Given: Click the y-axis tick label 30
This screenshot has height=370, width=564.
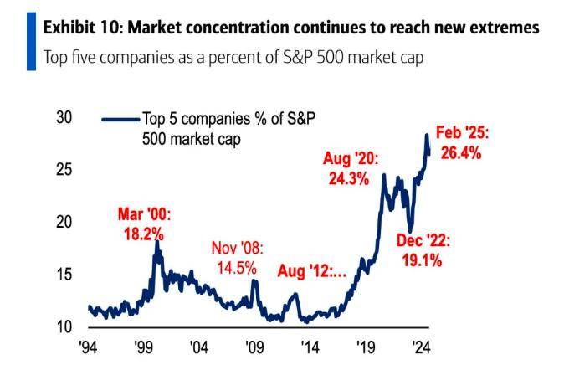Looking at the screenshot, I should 64,118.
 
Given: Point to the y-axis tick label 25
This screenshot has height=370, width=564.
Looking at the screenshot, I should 64,170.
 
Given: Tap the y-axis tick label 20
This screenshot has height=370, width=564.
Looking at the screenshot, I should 64,223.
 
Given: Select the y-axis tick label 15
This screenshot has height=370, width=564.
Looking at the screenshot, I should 64,275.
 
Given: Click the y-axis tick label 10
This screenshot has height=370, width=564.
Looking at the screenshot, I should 64,326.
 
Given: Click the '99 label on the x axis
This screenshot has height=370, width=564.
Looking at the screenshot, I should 143,347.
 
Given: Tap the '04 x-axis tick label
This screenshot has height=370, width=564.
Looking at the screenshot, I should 199,347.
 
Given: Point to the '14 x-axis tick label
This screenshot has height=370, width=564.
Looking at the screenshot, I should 309,347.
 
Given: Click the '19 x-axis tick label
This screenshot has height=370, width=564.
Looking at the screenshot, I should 364,347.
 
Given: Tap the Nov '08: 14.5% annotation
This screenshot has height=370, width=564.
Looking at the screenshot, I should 238,257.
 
